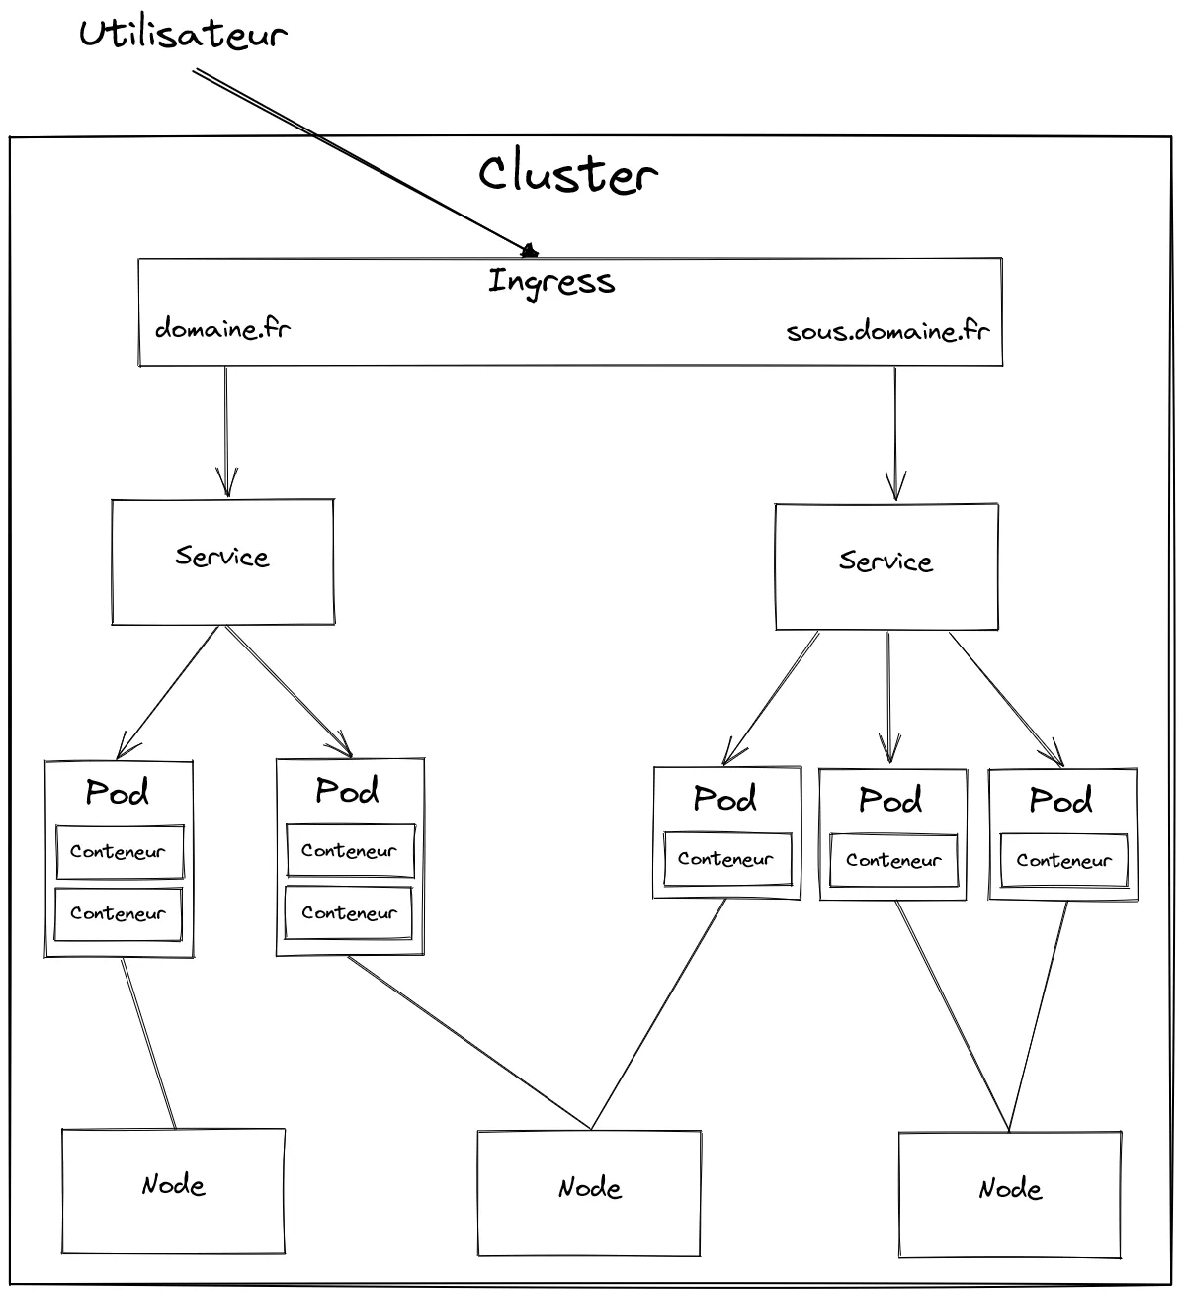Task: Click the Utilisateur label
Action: click(x=183, y=35)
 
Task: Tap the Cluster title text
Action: click(x=567, y=174)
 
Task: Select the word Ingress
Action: click(x=551, y=282)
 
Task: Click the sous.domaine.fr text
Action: click(x=887, y=331)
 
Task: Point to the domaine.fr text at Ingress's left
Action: click(x=222, y=328)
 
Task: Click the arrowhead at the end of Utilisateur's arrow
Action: click(x=529, y=250)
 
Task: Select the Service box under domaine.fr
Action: click(x=222, y=561)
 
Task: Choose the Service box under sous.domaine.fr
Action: click(x=886, y=566)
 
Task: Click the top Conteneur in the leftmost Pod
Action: click(x=119, y=851)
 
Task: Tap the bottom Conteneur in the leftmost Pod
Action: click(x=119, y=913)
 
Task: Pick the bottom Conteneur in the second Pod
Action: click(x=349, y=913)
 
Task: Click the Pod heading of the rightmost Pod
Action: click(x=1061, y=799)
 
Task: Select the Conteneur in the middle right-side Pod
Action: click(x=893, y=860)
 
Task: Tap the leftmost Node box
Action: click(x=173, y=1190)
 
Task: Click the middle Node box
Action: click(x=589, y=1192)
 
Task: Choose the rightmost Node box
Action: click(x=1009, y=1193)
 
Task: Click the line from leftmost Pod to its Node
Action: click(x=148, y=1043)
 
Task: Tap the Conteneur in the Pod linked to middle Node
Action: click(x=725, y=859)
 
